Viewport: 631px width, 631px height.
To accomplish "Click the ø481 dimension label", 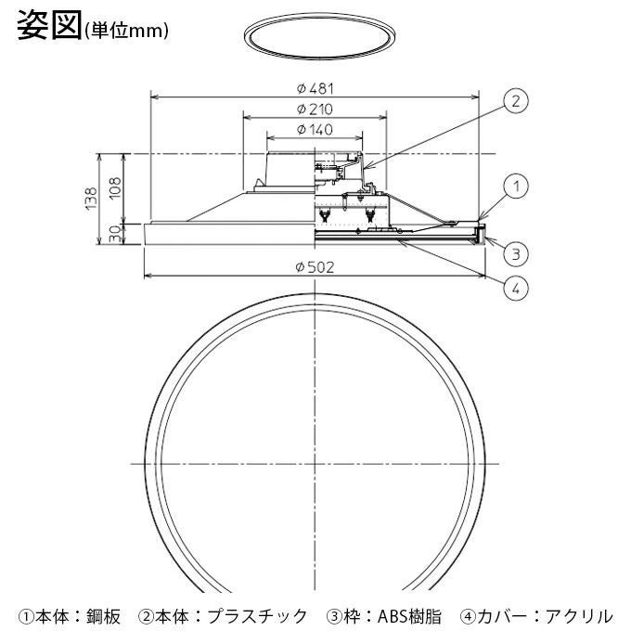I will pyautogui.click(x=315, y=88).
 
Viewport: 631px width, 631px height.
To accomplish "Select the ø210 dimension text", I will pyautogui.click(x=315, y=109).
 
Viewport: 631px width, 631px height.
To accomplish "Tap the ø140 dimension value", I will pyautogui.click(x=315, y=130).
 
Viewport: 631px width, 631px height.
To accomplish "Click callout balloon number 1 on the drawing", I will pyautogui.click(x=517, y=187).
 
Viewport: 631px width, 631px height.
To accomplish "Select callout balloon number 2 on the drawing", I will pyautogui.click(x=517, y=100).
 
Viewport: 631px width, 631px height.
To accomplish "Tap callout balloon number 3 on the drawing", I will pyautogui.click(x=517, y=251).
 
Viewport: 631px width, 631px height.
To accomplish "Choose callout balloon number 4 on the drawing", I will pyautogui.click(x=517, y=288).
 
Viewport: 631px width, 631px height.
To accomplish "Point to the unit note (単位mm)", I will pyautogui.click(x=126, y=30).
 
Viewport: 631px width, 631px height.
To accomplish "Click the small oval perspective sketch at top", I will pyautogui.click(x=315, y=38).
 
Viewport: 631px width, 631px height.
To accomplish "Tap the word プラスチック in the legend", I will pyautogui.click(x=256, y=614).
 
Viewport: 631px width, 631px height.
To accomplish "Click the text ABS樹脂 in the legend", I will pyautogui.click(x=409, y=614).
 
